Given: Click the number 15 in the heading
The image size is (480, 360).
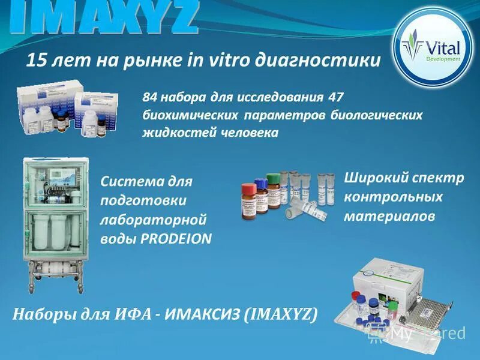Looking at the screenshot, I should [x=37, y=60].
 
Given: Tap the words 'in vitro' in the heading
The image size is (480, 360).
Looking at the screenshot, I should [x=215, y=60].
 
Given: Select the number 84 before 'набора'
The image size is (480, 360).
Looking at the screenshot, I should [x=152, y=97].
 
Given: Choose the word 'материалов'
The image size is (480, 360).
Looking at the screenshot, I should [x=389, y=217].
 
